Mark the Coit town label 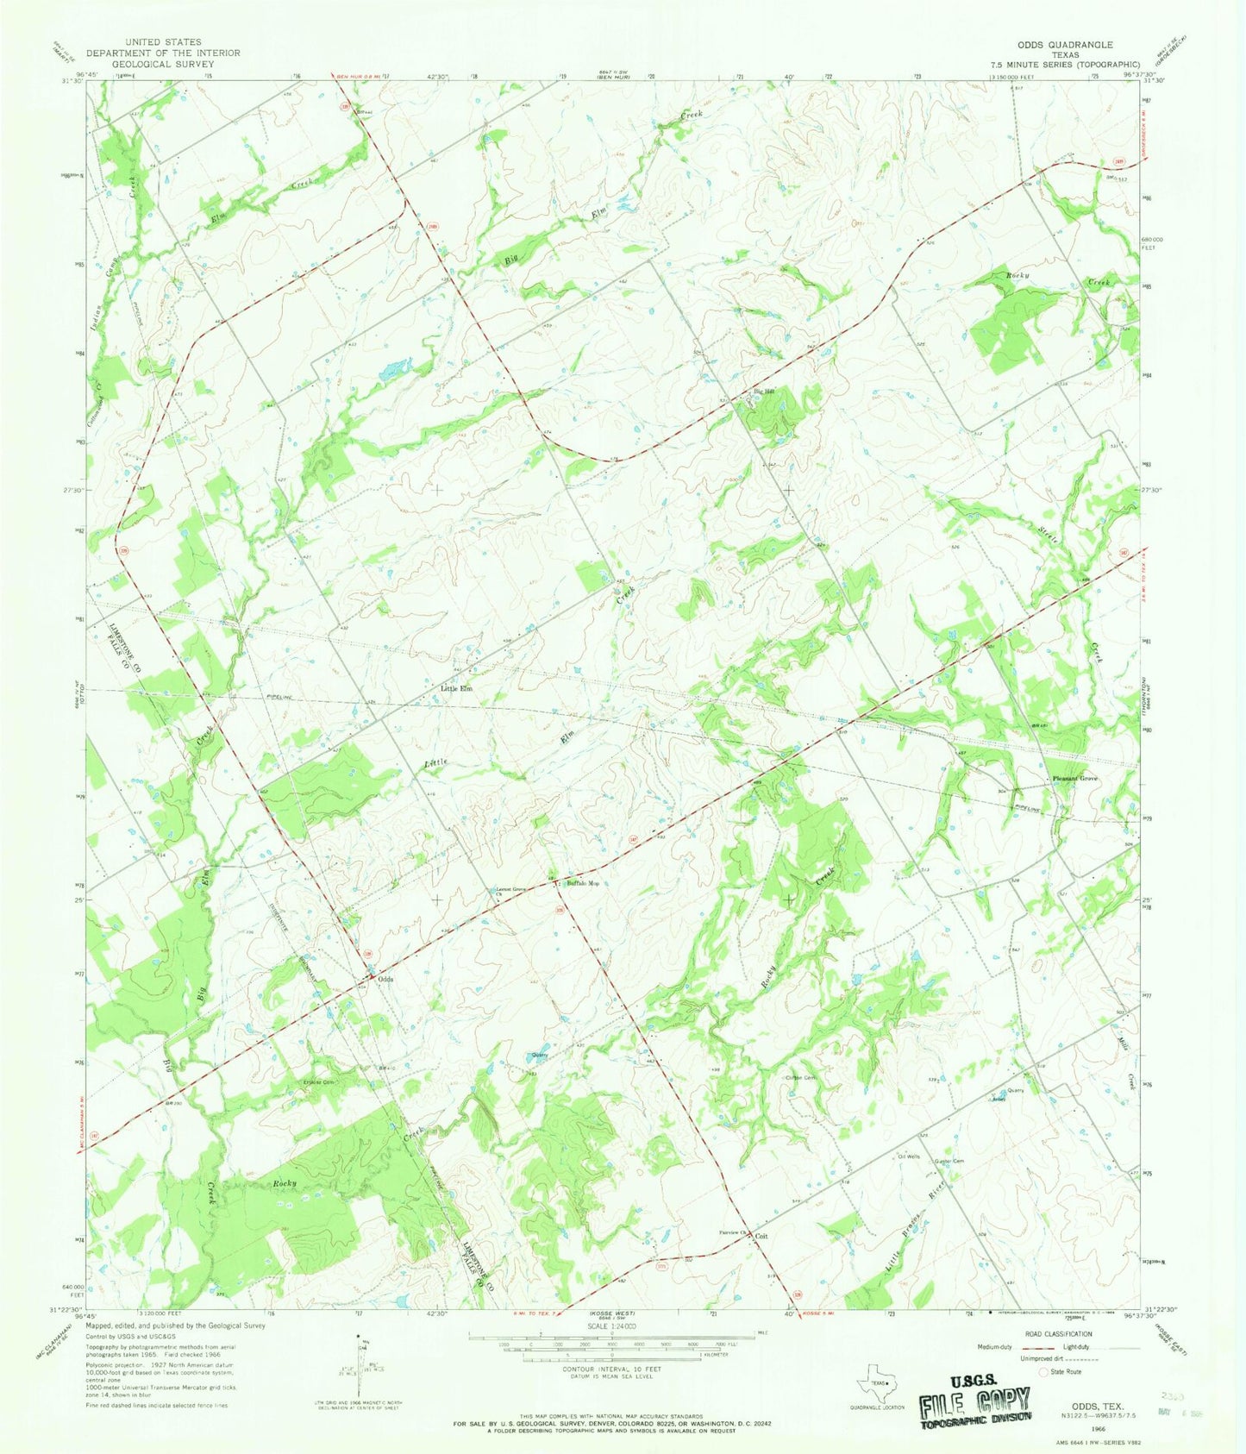pos(761,1236)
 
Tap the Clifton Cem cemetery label pos(800,1078)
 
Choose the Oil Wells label pos(910,1156)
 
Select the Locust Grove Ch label pos(510,891)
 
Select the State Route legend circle pos(1043,1371)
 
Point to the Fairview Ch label pos(732,1232)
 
